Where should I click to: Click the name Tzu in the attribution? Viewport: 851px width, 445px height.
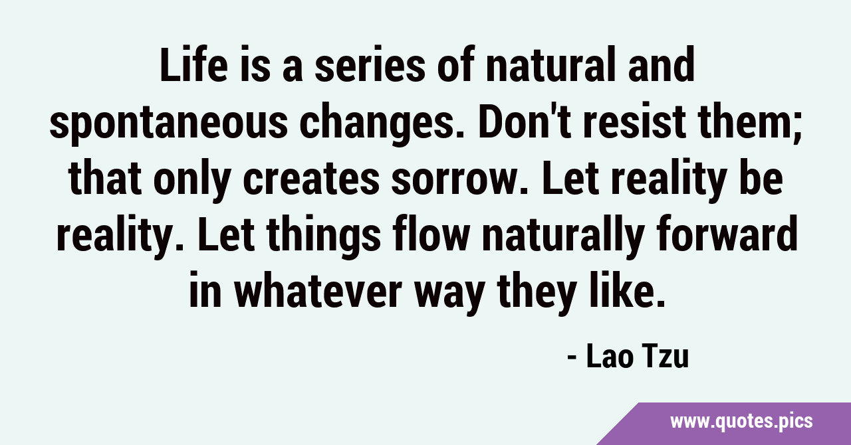(665, 356)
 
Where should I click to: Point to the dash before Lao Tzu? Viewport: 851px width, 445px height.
(572, 359)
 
